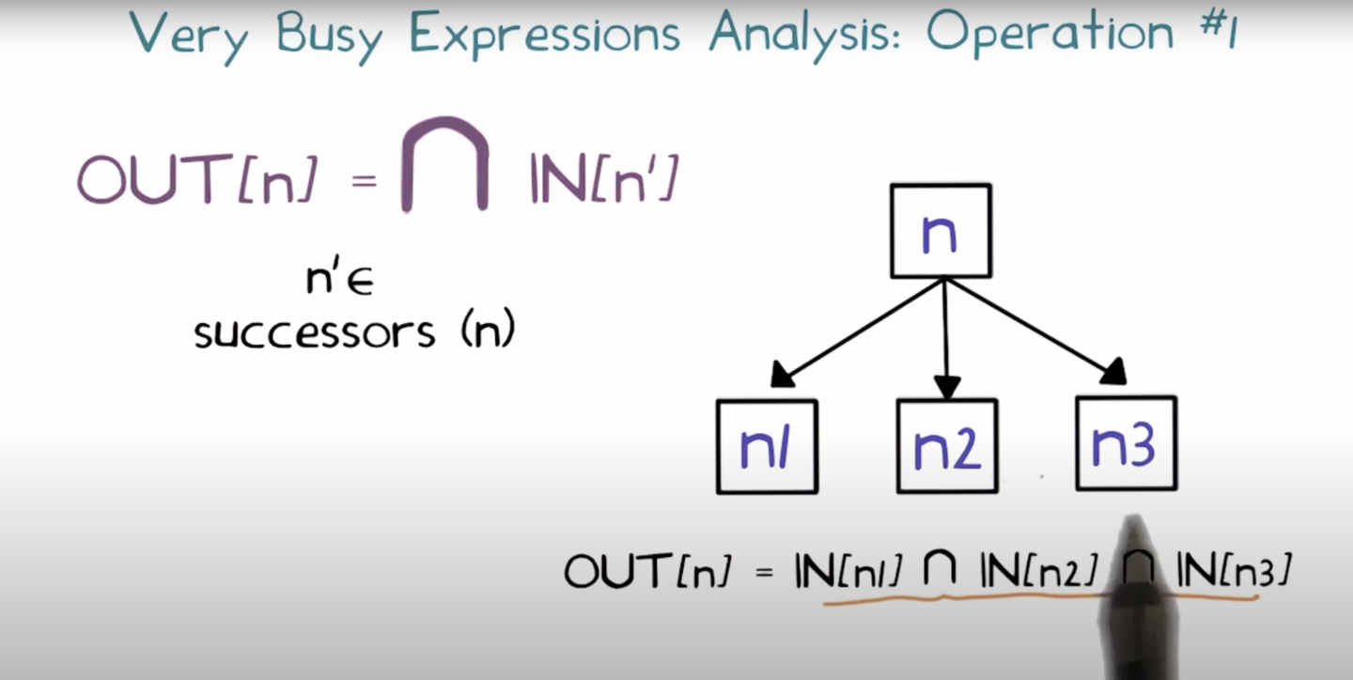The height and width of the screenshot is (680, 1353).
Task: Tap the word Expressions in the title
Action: pyautogui.click(x=545, y=35)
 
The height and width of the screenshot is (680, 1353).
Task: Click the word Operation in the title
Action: pyautogui.click(x=1050, y=35)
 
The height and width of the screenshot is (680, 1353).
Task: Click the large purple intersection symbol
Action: pyautogui.click(x=445, y=165)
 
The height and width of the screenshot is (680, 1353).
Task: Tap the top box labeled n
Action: pyautogui.click(x=941, y=231)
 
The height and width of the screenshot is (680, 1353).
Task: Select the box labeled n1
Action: pyautogui.click(x=767, y=447)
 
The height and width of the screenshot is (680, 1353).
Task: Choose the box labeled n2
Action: pyautogui.click(x=947, y=447)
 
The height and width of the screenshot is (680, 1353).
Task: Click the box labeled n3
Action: pyautogui.click(x=1126, y=444)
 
